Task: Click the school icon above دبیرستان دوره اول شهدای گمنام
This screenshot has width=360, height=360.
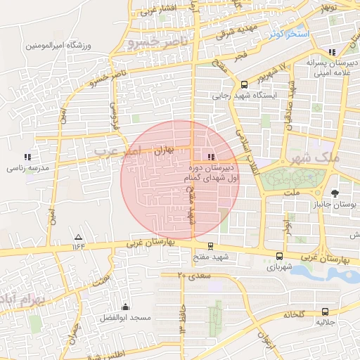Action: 212,156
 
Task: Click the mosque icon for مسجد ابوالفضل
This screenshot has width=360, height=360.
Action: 125,307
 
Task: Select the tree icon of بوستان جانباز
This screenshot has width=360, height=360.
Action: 335,192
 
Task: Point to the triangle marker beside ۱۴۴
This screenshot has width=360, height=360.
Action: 78,237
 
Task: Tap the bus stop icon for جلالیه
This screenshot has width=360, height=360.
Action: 324,311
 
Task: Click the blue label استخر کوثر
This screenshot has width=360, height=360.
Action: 288,34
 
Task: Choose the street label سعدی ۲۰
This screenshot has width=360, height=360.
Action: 195,276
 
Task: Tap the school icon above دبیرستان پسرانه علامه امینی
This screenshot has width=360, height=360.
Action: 331,52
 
